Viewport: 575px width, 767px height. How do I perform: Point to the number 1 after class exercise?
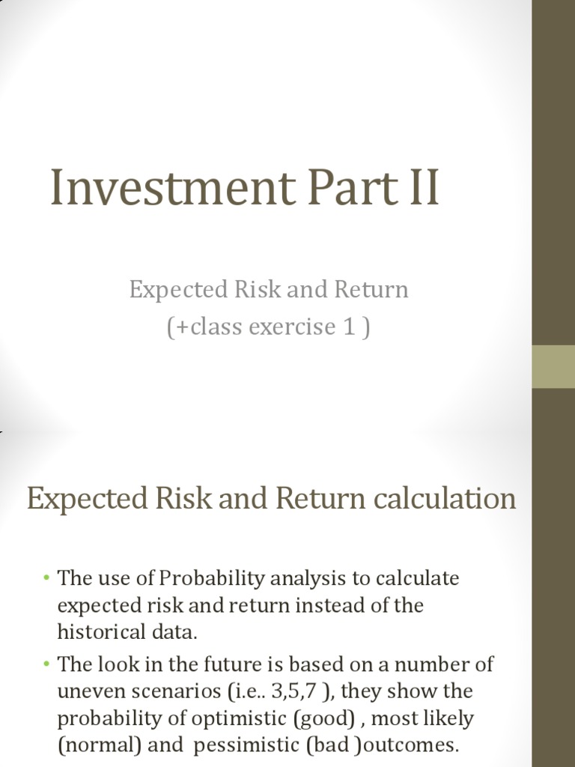tap(349, 327)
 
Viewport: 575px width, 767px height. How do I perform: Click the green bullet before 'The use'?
tap(46, 578)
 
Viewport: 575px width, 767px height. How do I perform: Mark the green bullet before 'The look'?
tap(46, 664)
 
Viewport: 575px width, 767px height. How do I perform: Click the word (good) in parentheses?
tap(323, 718)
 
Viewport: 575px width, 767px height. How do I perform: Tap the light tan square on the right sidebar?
tap(553, 366)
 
